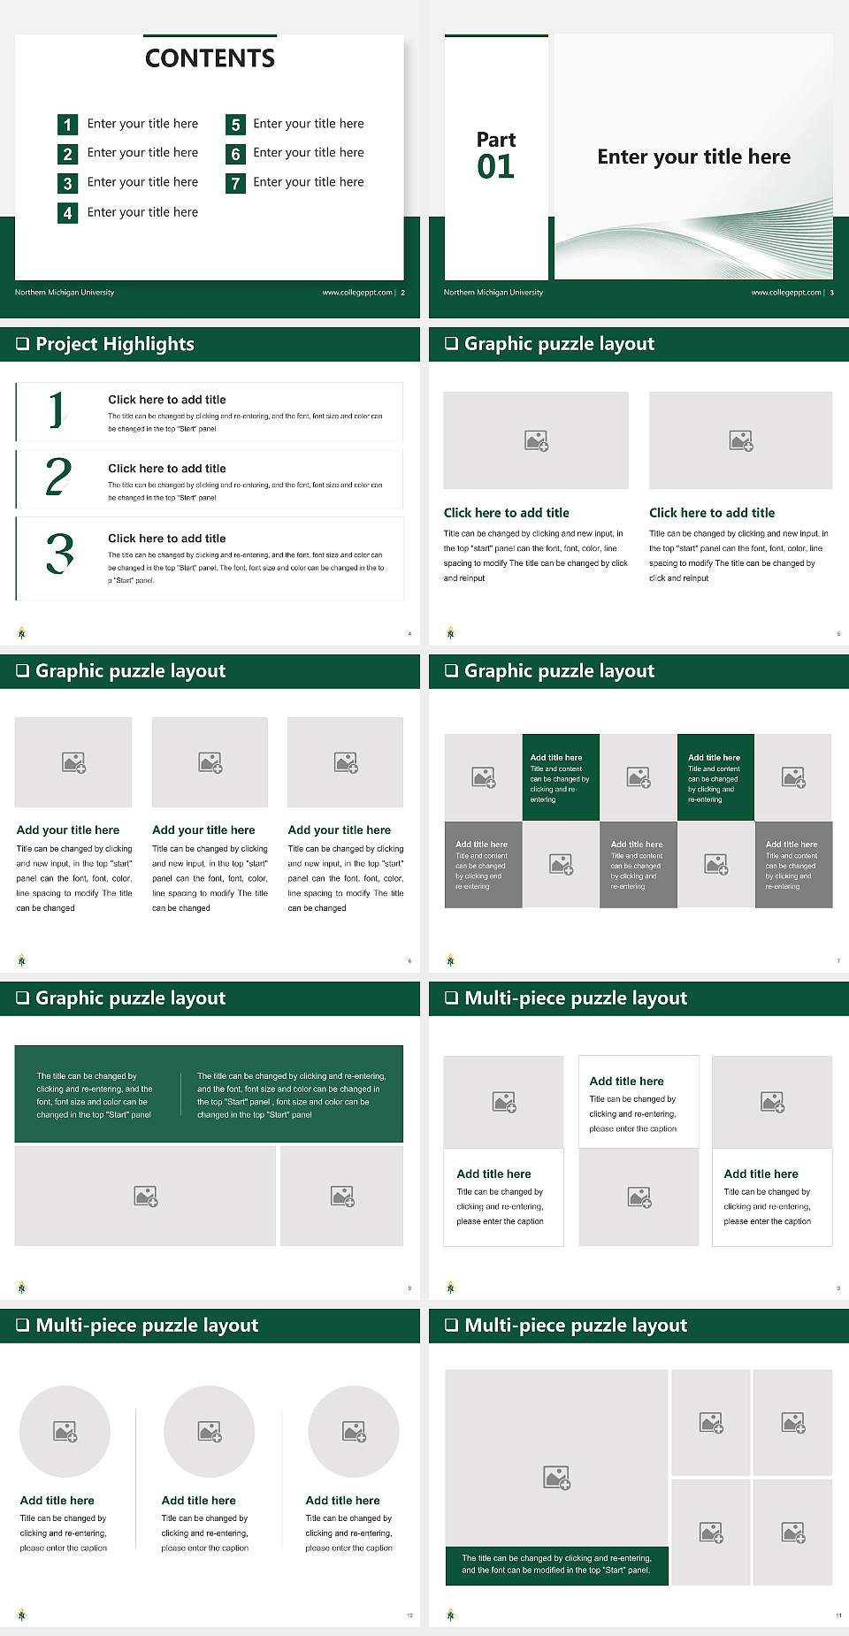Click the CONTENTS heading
click(x=210, y=58)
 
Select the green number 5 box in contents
click(x=235, y=125)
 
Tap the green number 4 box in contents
click(x=67, y=213)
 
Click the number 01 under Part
click(x=495, y=166)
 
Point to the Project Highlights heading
click(x=114, y=344)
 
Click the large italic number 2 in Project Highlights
click(x=58, y=478)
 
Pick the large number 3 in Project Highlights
click(x=59, y=554)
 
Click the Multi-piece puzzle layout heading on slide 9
click(x=575, y=998)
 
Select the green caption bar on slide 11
click(x=556, y=1563)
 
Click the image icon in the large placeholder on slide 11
click(x=556, y=1477)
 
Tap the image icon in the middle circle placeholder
click(x=210, y=1431)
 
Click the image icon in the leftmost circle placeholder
click(x=65, y=1431)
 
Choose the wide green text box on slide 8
click(x=209, y=1094)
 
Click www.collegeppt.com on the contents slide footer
click(x=356, y=293)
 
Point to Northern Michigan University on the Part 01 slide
click(x=493, y=293)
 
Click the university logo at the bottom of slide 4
click(x=22, y=632)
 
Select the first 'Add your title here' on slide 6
click(x=68, y=830)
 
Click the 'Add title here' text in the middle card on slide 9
click(x=626, y=1081)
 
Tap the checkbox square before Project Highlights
click(x=23, y=344)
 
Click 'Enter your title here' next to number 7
click(x=308, y=182)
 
